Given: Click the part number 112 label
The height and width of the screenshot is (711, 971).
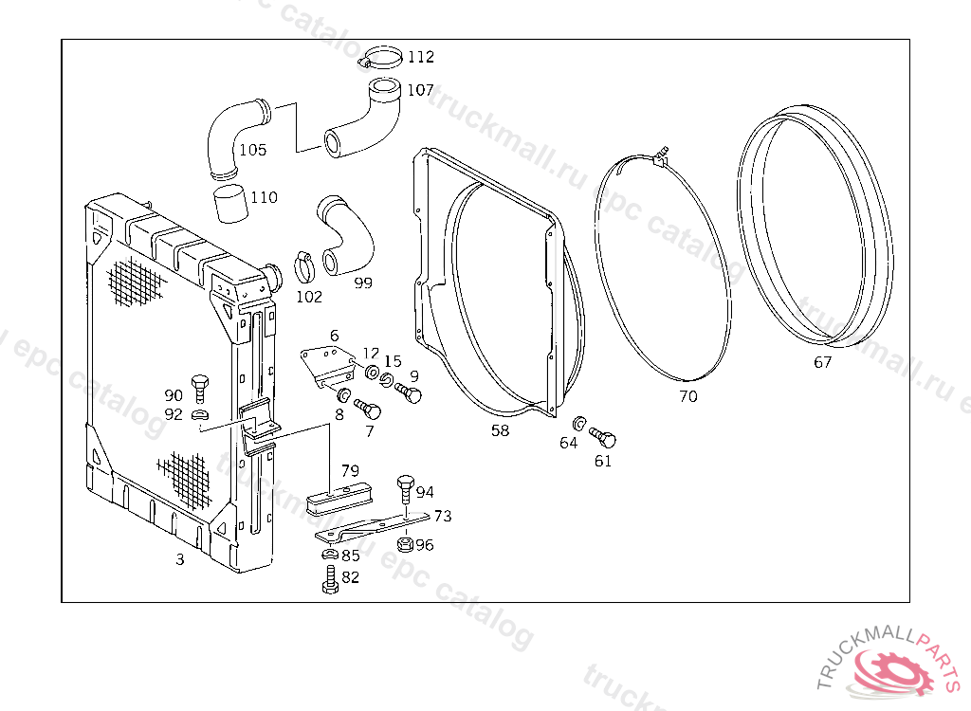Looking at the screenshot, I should tap(420, 57).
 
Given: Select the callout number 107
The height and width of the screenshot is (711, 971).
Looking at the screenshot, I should tap(420, 90).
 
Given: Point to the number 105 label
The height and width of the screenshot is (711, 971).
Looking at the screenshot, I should tap(252, 150).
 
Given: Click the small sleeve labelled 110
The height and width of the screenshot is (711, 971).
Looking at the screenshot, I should tap(229, 202).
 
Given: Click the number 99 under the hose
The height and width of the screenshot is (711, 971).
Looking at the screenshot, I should tap(363, 283).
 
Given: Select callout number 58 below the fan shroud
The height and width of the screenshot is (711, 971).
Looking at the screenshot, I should tap(500, 430).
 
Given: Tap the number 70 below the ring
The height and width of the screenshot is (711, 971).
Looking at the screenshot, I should tap(687, 396).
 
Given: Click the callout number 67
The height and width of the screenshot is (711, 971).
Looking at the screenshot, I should tap(822, 362).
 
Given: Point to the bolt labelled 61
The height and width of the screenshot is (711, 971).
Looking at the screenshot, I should tap(603, 437).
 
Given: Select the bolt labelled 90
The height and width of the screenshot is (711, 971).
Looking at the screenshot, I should tap(199, 386).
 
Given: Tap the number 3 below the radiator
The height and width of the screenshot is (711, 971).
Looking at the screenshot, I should tap(180, 559).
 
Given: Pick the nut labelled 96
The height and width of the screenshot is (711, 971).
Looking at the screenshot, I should tap(402, 545).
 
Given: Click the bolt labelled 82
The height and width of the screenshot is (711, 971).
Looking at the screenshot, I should tap(329, 579).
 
